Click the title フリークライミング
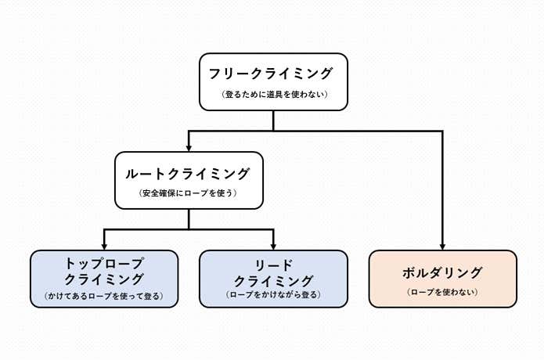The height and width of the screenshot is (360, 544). tap(272, 74)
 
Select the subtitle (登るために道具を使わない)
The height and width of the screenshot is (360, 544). tap(272, 95)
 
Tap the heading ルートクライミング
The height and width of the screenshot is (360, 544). tap(188, 172)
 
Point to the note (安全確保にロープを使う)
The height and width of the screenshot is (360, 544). tap(188, 193)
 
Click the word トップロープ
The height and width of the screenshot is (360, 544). tap(104, 263)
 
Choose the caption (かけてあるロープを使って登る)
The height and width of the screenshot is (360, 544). tap(104, 297)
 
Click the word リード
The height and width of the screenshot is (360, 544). tap(273, 263)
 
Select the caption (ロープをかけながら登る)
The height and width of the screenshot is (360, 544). tap(273, 296)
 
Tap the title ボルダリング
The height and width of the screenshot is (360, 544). tap(442, 272)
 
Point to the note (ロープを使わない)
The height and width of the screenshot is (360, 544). tap(442, 293)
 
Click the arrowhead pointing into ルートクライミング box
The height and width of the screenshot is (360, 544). tap(189, 146)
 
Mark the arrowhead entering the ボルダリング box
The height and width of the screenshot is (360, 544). tap(443, 245)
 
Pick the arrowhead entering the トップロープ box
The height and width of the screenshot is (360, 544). tap(104, 245)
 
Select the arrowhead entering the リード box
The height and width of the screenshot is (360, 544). tap(273, 245)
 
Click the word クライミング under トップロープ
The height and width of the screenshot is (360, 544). tap(104, 279)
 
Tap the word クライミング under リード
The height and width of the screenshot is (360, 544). tap(273, 279)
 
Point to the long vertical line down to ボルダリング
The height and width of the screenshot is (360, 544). tap(443, 188)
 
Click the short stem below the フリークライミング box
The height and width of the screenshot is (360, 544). tap(273, 121)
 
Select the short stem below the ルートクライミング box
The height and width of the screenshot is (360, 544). tap(189, 219)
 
